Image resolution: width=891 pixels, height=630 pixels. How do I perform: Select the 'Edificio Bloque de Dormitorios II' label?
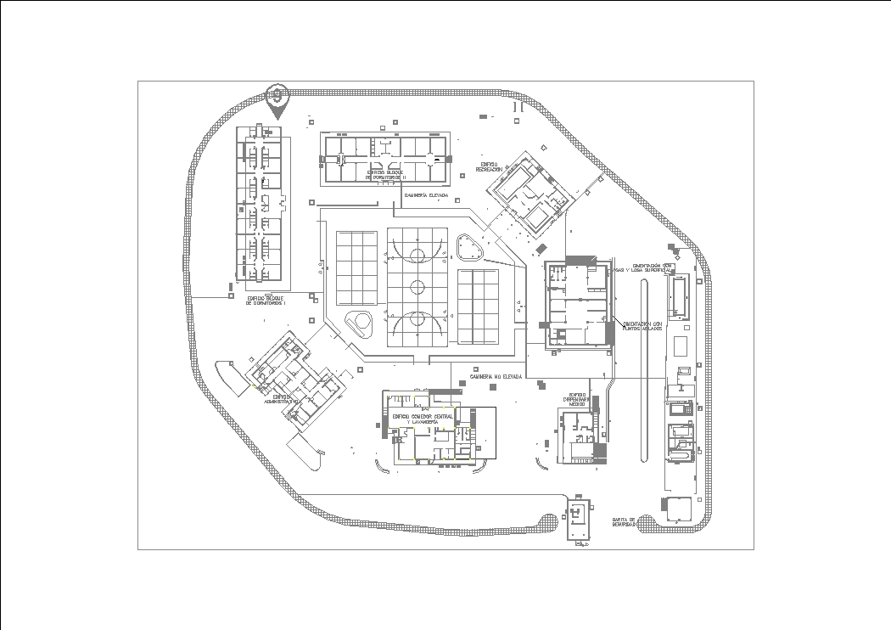click(x=385, y=174)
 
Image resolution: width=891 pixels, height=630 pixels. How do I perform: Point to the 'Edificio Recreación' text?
click(x=489, y=166)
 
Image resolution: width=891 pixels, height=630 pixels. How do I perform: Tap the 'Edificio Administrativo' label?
click(x=281, y=398)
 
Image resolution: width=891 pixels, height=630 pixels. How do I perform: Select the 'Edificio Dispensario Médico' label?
click(x=577, y=399)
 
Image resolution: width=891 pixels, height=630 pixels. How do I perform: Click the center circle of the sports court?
click(x=417, y=286)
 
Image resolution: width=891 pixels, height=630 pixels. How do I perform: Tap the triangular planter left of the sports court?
click(x=359, y=322)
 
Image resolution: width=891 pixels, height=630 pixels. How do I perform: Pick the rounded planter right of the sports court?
click(x=468, y=247)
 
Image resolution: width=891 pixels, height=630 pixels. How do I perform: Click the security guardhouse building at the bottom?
click(x=580, y=516)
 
